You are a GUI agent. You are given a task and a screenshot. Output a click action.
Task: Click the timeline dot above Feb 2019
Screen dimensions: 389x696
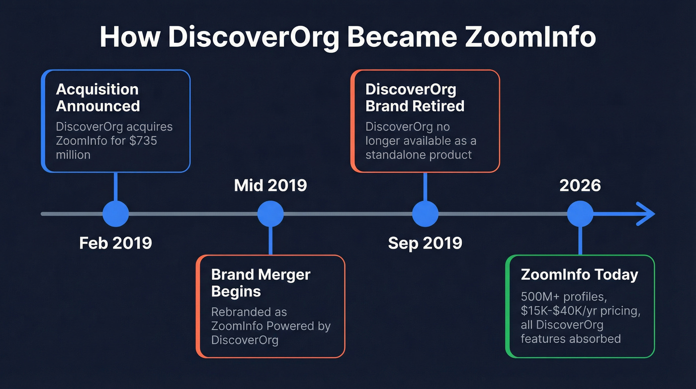click(115, 214)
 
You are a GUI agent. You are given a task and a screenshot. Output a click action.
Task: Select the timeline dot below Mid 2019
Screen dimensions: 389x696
click(270, 214)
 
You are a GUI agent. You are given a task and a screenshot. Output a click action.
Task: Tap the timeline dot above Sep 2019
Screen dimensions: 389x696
click(425, 214)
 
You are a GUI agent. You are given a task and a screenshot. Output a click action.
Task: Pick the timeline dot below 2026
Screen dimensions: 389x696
click(580, 214)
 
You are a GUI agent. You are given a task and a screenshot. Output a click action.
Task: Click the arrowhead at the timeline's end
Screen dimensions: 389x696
click(646, 214)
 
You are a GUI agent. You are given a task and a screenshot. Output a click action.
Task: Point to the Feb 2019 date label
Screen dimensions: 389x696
click(115, 243)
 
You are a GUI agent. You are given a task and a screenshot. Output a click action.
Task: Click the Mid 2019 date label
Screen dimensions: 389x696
click(270, 185)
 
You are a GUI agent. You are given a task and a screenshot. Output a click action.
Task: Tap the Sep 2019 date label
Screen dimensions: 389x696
click(425, 243)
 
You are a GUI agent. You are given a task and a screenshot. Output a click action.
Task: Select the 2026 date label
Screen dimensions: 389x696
click(580, 185)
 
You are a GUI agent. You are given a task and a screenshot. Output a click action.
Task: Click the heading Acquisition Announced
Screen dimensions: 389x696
click(97, 98)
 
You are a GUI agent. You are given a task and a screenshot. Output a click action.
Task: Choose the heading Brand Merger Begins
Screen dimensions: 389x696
click(261, 282)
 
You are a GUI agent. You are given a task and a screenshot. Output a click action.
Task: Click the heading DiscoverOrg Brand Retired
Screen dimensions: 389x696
click(415, 98)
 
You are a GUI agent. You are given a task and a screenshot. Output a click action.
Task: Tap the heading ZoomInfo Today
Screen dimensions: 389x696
click(579, 274)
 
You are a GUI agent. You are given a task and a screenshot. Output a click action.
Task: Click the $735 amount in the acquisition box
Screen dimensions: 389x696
click(143, 141)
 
